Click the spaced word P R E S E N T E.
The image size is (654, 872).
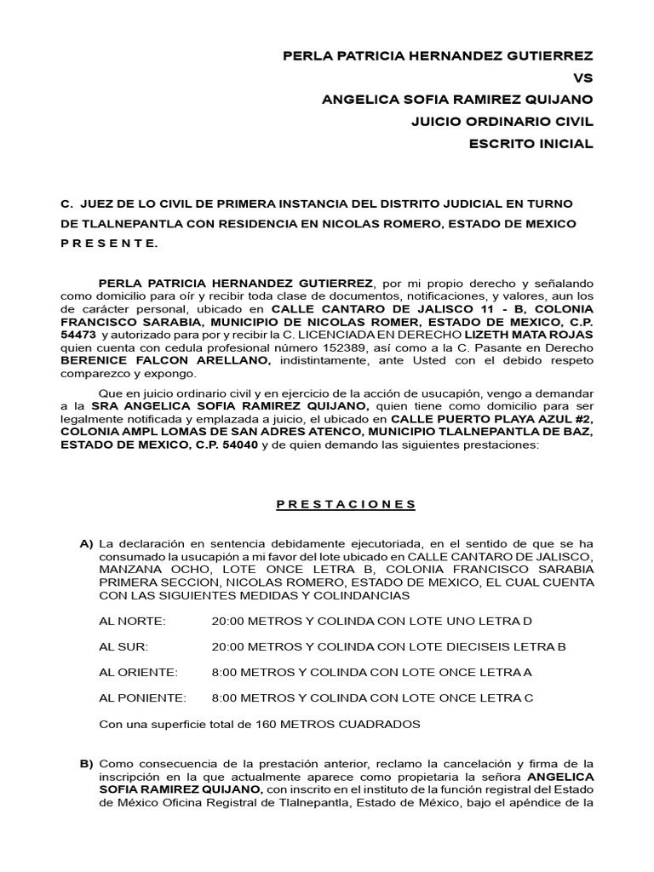click(x=110, y=244)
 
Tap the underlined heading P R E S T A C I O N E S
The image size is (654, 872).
click(x=346, y=504)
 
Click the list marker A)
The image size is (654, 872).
click(x=86, y=543)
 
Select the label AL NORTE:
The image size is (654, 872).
click(x=133, y=621)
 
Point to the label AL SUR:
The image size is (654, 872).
click(x=126, y=646)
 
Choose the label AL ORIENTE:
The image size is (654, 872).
click(x=139, y=672)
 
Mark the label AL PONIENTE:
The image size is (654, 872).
click(x=142, y=698)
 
